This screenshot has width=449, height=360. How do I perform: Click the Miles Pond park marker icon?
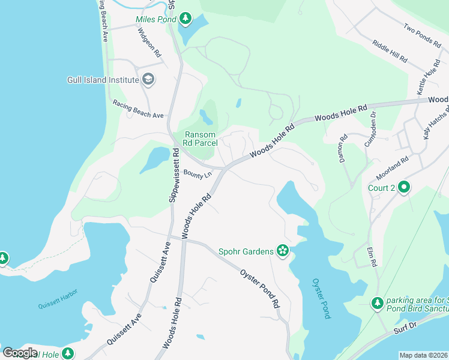pos(185,19)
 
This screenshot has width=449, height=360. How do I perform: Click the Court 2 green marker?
pos(404,188)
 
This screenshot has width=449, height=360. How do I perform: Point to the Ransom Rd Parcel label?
pos(200,139)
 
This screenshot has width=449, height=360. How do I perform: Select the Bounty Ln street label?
pos(197,175)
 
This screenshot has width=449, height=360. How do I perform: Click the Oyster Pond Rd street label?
pos(261,288)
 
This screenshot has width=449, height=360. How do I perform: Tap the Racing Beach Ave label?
pos(138,109)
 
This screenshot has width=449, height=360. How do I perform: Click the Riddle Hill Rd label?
pos(390,52)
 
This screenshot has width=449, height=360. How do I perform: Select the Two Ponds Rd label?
pos(422,35)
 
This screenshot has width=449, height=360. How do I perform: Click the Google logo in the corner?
pos(20,353)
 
